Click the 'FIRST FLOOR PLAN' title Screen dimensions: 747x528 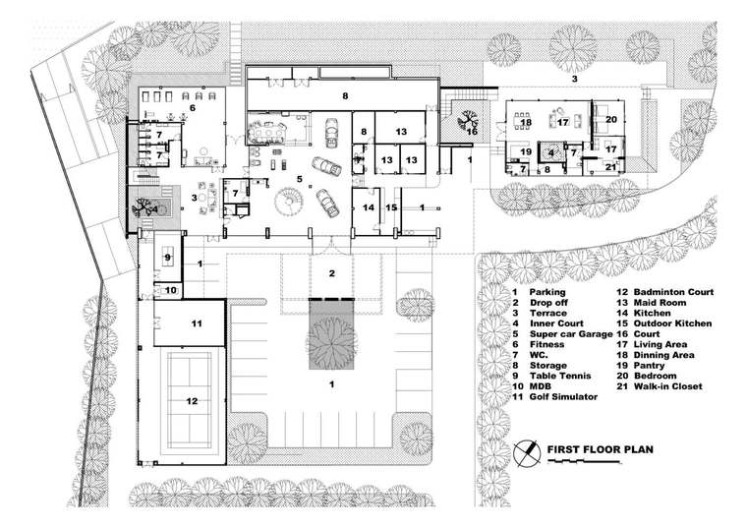pos(600,449)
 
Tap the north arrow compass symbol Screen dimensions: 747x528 pos(527,453)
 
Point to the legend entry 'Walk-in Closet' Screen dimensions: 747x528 pos(668,386)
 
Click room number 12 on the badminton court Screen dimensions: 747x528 pos(192,401)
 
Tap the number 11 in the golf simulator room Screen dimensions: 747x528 pos(197,324)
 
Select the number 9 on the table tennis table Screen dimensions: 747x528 pos(167,258)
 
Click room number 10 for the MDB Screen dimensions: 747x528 pos(171,290)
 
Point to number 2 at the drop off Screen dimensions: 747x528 pos(331,273)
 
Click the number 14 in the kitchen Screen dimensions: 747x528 pos(369,207)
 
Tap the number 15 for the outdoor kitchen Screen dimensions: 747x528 pos(391,207)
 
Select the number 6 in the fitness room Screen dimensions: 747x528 pos(193,108)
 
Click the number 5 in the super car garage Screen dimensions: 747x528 pos(299,179)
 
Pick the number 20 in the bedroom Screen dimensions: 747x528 pos(611,120)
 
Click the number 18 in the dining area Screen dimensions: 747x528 pos(526,123)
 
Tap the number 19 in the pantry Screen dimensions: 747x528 pos(526,152)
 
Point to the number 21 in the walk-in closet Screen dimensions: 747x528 pos(610,167)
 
